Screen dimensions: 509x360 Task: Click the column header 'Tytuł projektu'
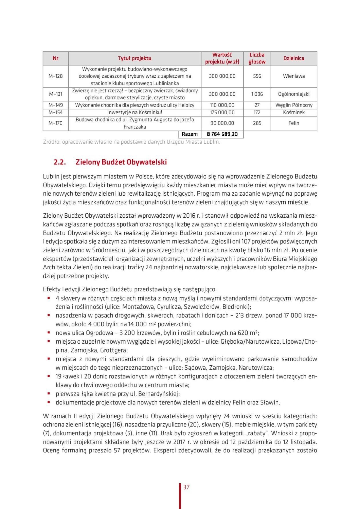(x=135, y=58)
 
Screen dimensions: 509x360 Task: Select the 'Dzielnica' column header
(x=293, y=58)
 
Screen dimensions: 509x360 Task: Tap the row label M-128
(x=55, y=76)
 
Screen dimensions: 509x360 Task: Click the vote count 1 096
(x=257, y=94)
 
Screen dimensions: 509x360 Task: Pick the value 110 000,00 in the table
(x=222, y=105)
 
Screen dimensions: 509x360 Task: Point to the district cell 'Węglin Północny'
(x=294, y=105)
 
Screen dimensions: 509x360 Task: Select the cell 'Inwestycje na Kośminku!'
(x=135, y=113)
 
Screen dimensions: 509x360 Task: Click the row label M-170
(x=55, y=123)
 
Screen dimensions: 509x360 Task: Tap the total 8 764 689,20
(x=222, y=134)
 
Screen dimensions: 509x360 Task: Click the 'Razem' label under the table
(x=189, y=134)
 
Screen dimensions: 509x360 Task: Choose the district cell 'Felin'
(x=294, y=123)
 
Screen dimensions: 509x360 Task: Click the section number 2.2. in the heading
(x=60, y=162)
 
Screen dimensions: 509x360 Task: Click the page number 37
(x=186, y=487)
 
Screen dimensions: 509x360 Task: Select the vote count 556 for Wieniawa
(x=257, y=76)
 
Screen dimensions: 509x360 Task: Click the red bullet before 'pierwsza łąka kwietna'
(x=49, y=393)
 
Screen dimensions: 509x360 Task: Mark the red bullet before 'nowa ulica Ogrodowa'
(x=49, y=332)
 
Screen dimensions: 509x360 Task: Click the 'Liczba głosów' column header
(x=257, y=58)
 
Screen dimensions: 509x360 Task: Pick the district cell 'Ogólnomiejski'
(x=294, y=94)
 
